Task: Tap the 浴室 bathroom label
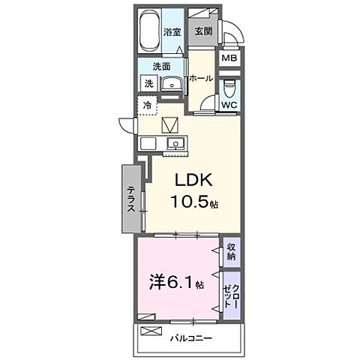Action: [172, 32]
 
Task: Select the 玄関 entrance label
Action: [203, 31]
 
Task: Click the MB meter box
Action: [229, 58]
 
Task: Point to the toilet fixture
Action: [229, 89]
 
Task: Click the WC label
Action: [229, 105]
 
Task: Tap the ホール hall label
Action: [201, 79]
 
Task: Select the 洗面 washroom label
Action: [161, 67]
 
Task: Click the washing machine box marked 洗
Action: [149, 83]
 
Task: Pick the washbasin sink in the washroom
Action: [172, 83]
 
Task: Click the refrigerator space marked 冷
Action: [147, 106]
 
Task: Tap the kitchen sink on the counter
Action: [176, 144]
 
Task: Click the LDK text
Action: [193, 180]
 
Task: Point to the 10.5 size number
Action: [189, 201]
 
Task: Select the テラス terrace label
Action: [132, 199]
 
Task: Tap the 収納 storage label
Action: [231, 252]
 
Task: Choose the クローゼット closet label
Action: [232, 296]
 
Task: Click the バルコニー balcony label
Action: [191, 338]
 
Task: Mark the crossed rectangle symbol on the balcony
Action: [151, 331]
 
